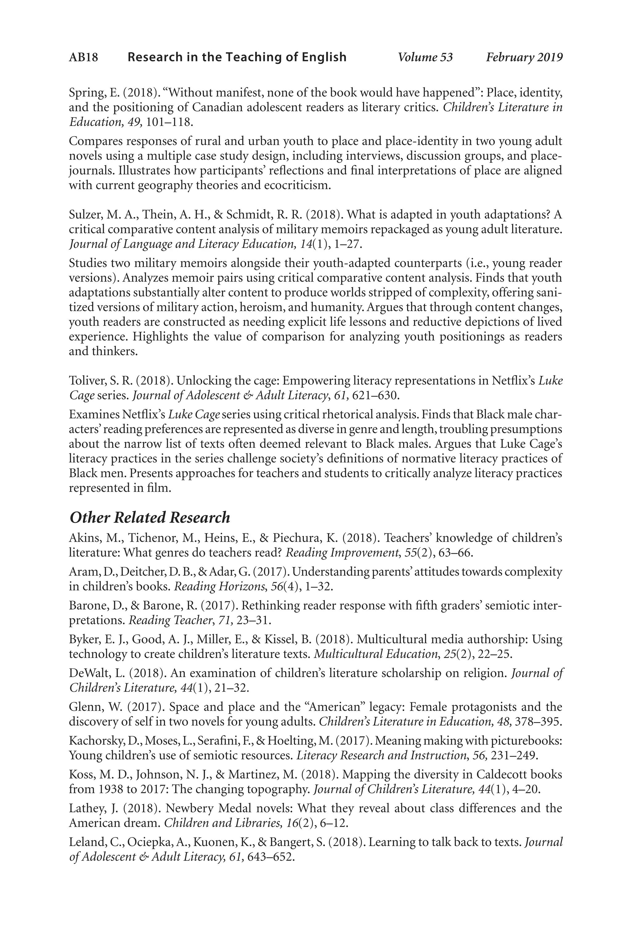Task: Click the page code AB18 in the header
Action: (x=83, y=57)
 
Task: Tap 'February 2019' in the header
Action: (x=524, y=57)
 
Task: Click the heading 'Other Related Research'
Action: (x=150, y=517)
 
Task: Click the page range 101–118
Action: (x=169, y=122)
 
